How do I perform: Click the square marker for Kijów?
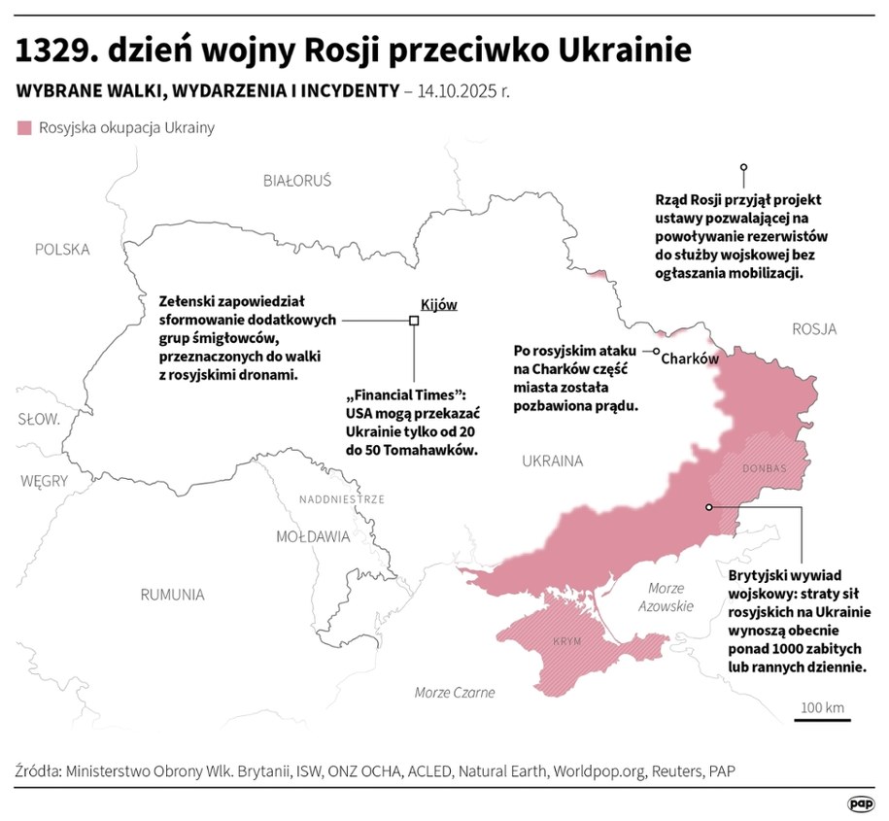(x=413, y=321)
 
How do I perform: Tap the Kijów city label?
(x=438, y=304)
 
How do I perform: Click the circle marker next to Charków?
(x=657, y=352)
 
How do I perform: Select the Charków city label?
(x=690, y=359)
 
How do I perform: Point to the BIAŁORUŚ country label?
(x=297, y=181)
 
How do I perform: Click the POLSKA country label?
(x=62, y=250)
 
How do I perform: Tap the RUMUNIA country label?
(x=172, y=595)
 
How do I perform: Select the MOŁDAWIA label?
(x=313, y=536)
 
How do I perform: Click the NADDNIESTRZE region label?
(x=341, y=499)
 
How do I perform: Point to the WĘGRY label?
(x=45, y=480)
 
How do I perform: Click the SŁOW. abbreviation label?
(x=39, y=420)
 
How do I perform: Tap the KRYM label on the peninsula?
(x=566, y=643)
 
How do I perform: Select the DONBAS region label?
(x=764, y=468)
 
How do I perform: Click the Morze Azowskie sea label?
(x=667, y=597)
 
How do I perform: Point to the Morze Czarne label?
(x=455, y=693)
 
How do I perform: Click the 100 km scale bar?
(x=822, y=719)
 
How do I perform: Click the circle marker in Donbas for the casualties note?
(x=709, y=507)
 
